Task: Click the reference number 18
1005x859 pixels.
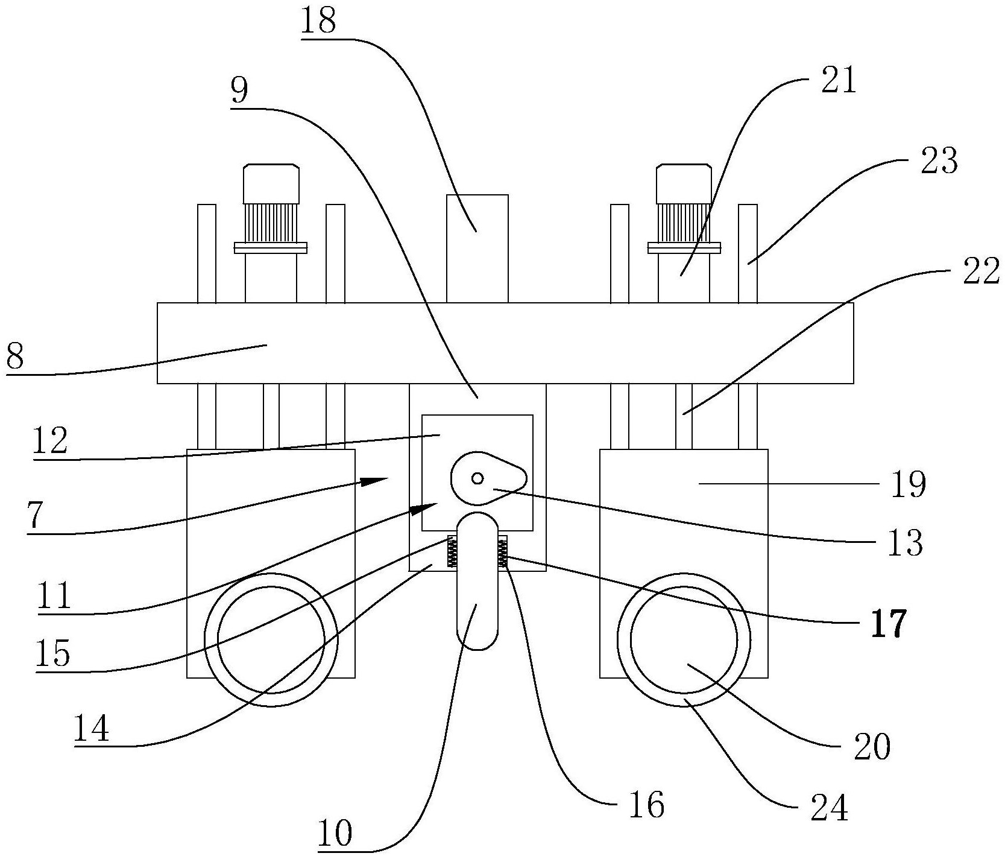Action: click(x=319, y=22)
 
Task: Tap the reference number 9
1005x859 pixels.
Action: click(x=239, y=91)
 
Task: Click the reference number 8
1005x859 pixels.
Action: click(x=14, y=357)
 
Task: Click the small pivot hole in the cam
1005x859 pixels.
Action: click(x=477, y=478)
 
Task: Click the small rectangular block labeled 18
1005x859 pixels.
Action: click(x=477, y=247)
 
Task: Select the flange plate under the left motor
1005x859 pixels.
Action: click(x=271, y=247)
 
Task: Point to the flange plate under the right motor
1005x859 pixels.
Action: click(x=684, y=247)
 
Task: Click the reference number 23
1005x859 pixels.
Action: click(x=939, y=161)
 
